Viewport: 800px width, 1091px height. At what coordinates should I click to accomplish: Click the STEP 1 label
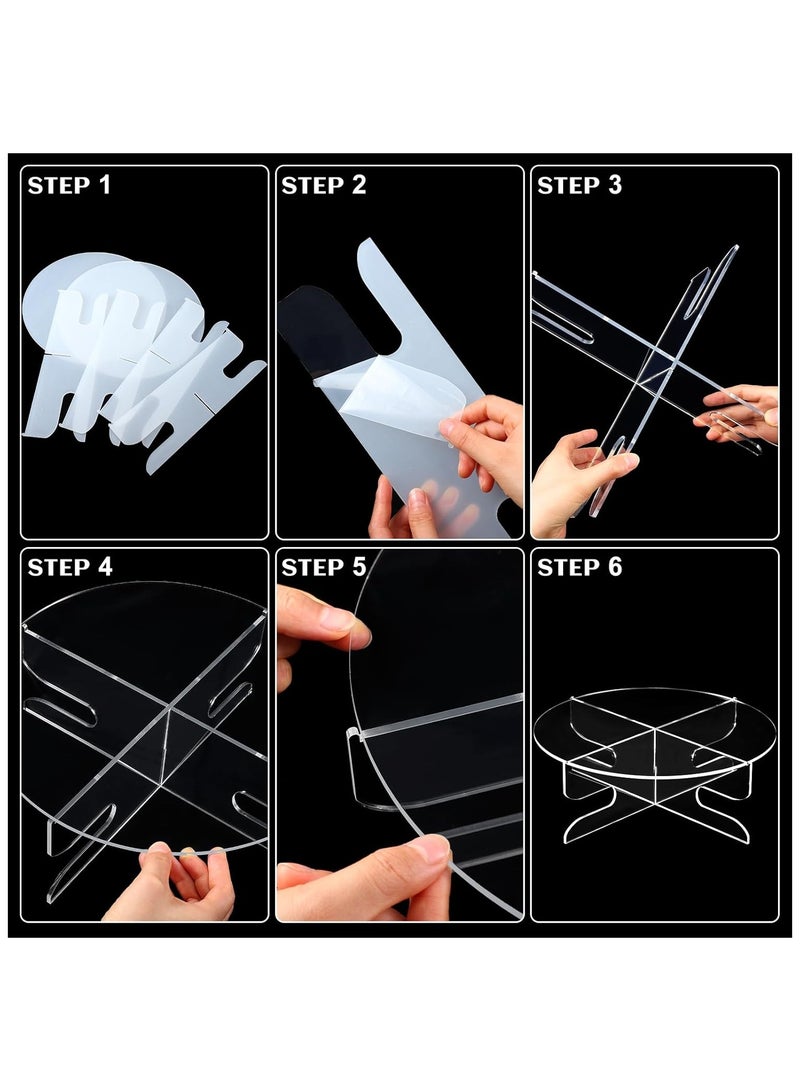point(69,185)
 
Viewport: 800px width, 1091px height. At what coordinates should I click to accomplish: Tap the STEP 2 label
point(324,185)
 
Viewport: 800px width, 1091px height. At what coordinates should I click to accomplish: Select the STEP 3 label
point(579,185)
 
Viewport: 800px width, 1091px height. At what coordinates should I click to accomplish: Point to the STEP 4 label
point(70,567)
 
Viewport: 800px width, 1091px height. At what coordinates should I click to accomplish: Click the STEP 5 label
point(324,567)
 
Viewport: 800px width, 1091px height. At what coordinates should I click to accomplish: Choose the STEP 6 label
point(580,567)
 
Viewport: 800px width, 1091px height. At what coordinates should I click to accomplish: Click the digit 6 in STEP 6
point(615,567)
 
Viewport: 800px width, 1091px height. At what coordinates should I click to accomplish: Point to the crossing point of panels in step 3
point(655,360)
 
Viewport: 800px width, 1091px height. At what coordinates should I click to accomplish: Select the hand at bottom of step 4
point(175,885)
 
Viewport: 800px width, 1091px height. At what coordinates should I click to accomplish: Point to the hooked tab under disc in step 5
point(360,765)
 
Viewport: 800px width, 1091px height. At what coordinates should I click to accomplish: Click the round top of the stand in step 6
point(655,720)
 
